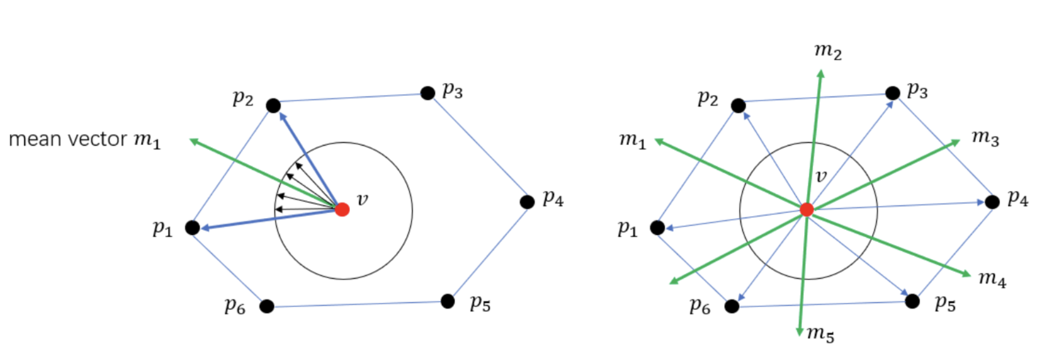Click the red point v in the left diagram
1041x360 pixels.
click(342, 209)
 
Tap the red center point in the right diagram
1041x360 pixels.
click(807, 209)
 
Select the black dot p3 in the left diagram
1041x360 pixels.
click(428, 93)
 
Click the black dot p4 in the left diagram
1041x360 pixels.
click(527, 202)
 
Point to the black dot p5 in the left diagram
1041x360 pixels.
click(448, 301)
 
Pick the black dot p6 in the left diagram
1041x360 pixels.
click(267, 306)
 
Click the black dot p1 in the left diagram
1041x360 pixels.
click(192, 227)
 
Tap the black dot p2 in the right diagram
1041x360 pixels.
click(738, 106)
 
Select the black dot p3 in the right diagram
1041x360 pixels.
click(893, 93)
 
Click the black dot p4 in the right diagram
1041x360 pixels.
click(992, 202)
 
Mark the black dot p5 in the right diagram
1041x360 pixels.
click(912, 301)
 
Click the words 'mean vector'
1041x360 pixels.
click(68, 140)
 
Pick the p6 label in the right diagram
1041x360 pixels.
click(700, 307)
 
